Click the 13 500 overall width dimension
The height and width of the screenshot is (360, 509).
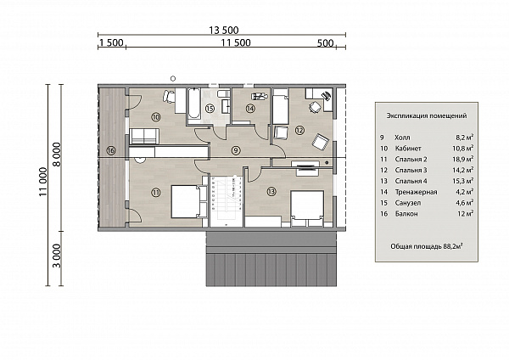tap(224, 31)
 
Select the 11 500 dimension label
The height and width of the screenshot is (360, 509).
tap(236, 43)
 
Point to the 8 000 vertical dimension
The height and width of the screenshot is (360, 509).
tap(57, 155)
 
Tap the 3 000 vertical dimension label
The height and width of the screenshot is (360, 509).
tap(57, 256)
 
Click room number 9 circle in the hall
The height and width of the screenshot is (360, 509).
tap(236, 150)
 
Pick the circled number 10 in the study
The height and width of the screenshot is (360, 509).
tap(156, 116)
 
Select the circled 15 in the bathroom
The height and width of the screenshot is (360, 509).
tap(210, 108)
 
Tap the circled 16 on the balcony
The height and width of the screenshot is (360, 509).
tap(110, 150)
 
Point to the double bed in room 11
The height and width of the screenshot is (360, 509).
tap(185, 201)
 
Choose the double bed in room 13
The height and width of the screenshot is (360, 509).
tap(307, 208)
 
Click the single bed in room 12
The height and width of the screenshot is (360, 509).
tap(281, 107)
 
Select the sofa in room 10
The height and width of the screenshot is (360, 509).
tap(144, 136)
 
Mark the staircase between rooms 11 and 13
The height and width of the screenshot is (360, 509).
tap(226, 200)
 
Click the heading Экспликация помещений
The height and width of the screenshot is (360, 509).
tap(426, 115)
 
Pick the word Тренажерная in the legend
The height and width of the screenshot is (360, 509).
tap(416, 192)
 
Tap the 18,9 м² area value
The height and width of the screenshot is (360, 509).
tap(464, 159)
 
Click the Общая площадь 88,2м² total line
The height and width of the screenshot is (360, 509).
tap(426, 246)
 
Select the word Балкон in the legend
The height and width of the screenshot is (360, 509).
tap(406, 214)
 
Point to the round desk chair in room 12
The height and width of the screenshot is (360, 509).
tap(314, 107)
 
